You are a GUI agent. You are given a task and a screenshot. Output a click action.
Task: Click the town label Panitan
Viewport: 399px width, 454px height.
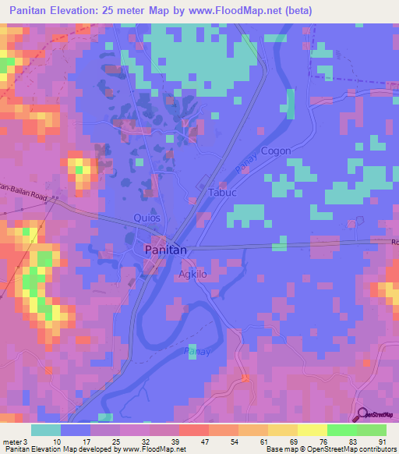165,250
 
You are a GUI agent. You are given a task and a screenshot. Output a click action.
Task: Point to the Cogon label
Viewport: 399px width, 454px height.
276,151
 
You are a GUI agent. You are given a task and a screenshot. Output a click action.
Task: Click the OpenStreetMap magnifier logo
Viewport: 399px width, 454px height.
361,416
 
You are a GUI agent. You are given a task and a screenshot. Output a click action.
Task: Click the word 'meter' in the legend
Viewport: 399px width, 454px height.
12,441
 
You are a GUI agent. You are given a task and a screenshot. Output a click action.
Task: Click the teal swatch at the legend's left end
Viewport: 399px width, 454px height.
46,430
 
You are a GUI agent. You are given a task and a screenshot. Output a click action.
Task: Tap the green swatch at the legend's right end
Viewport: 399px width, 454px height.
372,430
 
